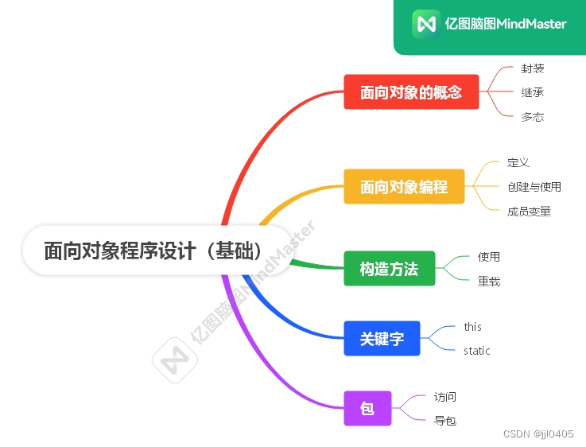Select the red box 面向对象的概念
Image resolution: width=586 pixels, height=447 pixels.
tap(411, 92)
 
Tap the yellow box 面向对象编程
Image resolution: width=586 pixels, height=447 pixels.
tap(404, 187)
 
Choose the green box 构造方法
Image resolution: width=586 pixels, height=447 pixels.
tap(389, 269)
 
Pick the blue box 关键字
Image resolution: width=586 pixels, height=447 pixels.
tap(382, 339)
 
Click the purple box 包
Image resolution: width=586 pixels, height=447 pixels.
tap(367, 409)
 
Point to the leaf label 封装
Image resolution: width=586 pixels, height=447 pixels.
tap(533, 69)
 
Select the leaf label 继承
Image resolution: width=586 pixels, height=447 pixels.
tap(533, 93)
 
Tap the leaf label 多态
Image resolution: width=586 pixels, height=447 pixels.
tap(533, 117)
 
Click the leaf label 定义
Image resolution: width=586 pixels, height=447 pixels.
tap(518, 163)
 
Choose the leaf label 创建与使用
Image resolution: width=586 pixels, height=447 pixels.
tap(534, 187)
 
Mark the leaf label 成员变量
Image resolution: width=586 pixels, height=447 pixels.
tap(529, 211)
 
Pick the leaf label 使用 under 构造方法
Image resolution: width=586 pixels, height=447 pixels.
tap(489, 257)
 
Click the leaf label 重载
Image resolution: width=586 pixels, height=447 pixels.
tap(489, 281)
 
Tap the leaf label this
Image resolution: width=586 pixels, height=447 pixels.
tap(473, 327)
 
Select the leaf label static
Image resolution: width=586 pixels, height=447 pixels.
tap(477, 351)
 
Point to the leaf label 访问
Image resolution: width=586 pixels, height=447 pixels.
tap(445, 397)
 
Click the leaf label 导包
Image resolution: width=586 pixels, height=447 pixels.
tap(445, 421)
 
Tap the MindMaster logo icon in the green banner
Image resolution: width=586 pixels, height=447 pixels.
tap(426, 23)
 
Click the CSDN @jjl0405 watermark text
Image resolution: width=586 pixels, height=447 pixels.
tap(539, 433)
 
